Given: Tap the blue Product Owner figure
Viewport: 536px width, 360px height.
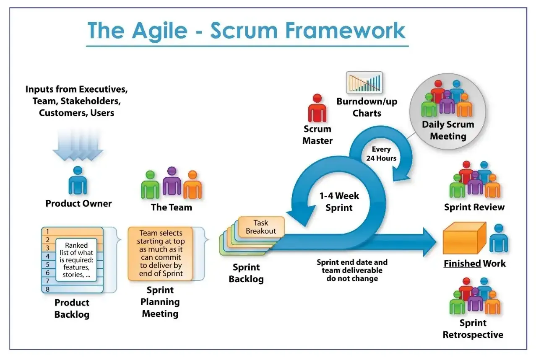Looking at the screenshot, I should (78, 181).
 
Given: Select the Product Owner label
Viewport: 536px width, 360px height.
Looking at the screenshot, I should (78, 204).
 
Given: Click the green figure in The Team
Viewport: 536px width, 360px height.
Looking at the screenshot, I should (150, 186).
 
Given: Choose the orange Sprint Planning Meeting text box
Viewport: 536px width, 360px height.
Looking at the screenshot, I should (161, 254).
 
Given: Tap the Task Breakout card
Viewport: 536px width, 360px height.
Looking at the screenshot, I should (261, 227).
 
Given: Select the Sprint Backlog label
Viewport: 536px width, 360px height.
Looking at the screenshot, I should (246, 273).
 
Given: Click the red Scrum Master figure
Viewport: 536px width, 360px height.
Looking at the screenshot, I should (317, 109).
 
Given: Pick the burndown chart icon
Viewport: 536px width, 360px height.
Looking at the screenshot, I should (364, 83).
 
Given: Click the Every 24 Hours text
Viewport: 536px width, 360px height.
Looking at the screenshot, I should (381, 154).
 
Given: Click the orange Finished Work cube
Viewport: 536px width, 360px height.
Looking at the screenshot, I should (464, 239).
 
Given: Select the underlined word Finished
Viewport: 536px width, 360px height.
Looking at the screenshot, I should (462, 264).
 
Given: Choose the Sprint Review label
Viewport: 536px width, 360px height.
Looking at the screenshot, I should (474, 207).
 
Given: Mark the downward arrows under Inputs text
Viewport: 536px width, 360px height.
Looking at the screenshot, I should (78, 145).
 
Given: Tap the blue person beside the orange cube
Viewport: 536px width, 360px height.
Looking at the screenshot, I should (498, 239).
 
